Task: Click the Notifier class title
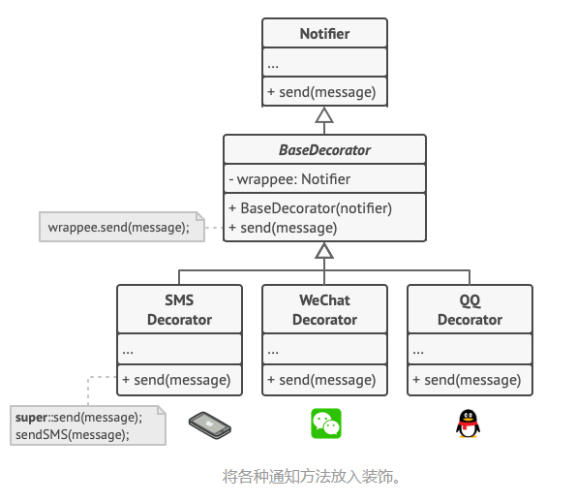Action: [x=324, y=34]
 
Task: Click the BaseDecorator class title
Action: [x=324, y=150]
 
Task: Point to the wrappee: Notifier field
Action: [x=289, y=178]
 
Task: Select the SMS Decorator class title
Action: [x=179, y=309]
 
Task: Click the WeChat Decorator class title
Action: [x=324, y=309]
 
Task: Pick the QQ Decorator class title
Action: [x=470, y=309]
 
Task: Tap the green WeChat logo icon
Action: [x=325, y=424]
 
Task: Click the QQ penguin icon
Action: [x=468, y=424]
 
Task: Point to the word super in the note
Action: [x=31, y=417]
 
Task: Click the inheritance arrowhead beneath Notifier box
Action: [x=324, y=115]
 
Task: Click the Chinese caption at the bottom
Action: [x=311, y=476]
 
